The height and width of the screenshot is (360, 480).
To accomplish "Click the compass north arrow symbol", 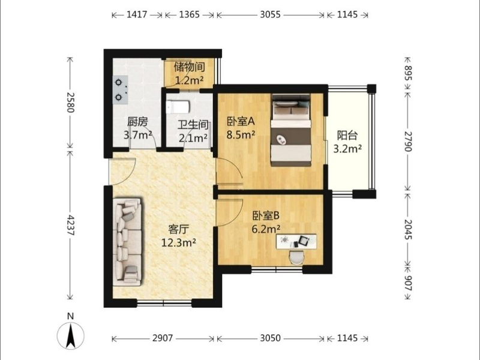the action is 71,336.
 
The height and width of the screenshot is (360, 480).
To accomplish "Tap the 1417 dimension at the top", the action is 137,14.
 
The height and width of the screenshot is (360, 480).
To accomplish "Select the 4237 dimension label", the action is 71,225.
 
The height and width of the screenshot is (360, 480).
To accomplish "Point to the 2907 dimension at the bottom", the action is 163,338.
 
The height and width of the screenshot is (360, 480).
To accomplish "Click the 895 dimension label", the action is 409,73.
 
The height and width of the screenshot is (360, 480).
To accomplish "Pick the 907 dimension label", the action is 409,282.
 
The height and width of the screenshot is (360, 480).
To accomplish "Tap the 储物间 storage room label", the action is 189,67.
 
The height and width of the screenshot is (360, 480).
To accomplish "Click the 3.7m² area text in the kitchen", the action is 138,134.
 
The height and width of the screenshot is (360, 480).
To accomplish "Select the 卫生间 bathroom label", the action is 193,125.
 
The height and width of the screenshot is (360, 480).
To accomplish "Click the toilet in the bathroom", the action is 178,107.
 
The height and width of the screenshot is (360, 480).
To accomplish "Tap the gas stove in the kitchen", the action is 121,90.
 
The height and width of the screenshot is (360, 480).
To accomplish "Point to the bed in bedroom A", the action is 291,130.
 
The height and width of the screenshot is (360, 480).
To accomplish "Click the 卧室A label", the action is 241,122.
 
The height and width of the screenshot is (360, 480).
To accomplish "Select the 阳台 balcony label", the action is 347,136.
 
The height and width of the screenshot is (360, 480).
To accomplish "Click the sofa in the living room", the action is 127,242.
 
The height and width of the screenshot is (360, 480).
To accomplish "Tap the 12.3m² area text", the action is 179,242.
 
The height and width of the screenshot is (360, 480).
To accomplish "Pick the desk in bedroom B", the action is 296,242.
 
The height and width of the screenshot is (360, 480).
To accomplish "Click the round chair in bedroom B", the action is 296,257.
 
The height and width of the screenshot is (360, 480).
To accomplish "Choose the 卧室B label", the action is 266,216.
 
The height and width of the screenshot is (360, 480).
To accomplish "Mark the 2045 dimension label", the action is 409,229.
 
